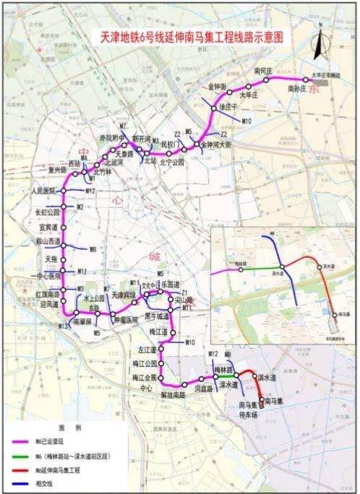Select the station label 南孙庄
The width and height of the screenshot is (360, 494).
298,89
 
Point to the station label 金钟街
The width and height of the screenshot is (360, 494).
216,87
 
